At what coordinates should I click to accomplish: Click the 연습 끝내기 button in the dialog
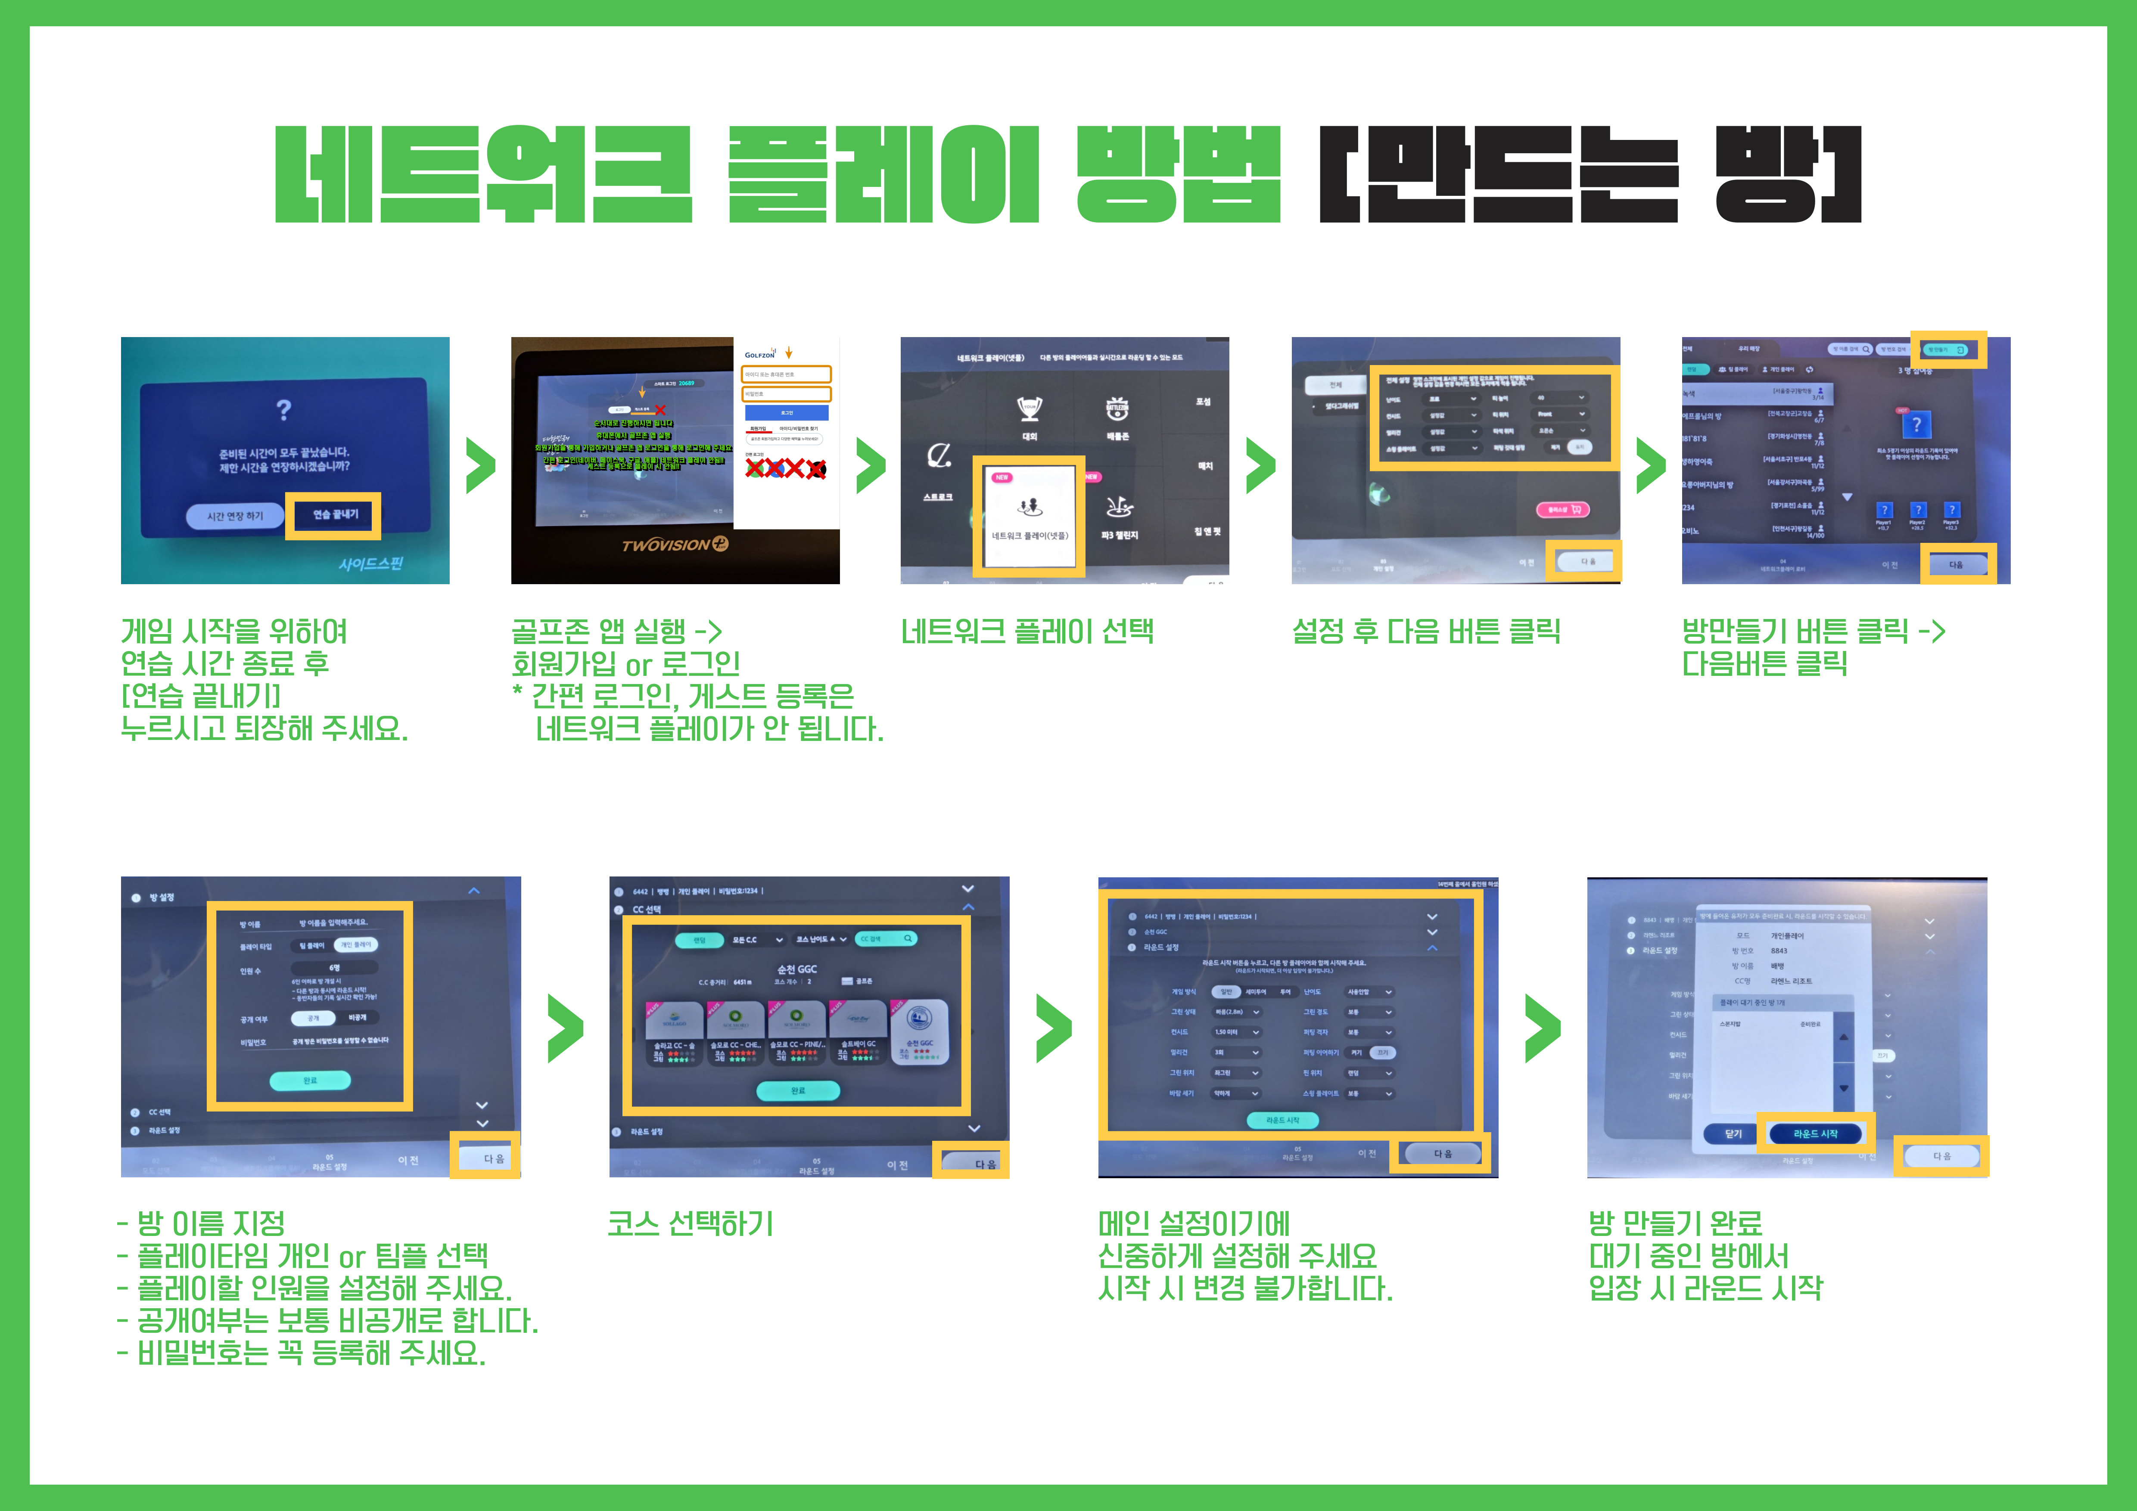[x=334, y=514]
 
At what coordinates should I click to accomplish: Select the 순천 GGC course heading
[x=797, y=969]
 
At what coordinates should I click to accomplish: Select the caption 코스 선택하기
[x=690, y=1223]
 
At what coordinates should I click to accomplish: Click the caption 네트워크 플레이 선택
[x=1027, y=632]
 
